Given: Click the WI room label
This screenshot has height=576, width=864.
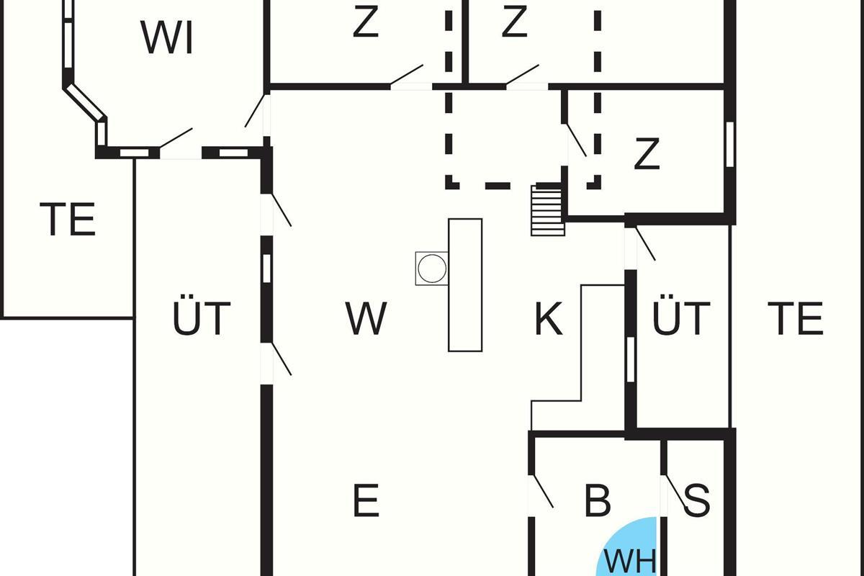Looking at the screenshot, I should point(168,37).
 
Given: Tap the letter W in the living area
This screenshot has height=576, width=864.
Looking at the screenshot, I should point(366,318).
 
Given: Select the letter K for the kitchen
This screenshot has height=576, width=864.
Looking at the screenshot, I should point(548,318).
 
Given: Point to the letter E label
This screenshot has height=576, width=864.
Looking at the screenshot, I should point(366,500).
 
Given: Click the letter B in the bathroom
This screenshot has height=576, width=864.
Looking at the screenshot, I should point(598,500).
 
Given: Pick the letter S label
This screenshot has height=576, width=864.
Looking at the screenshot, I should point(696,500).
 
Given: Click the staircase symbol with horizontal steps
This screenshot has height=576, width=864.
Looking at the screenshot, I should point(546,210).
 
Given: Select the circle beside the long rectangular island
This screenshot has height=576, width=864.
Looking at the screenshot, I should point(432,269).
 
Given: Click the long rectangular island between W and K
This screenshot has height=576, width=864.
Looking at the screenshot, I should point(465,284).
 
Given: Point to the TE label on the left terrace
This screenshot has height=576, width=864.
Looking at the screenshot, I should point(68,220).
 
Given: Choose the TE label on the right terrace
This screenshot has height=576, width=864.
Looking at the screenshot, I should point(795,318).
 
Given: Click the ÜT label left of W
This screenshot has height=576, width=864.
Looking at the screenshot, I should point(202,318).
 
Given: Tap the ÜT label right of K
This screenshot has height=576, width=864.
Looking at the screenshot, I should point(681,318).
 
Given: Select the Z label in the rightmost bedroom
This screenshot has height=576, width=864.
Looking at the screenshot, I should point(647,154).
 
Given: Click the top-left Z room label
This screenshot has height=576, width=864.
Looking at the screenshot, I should point(366,23).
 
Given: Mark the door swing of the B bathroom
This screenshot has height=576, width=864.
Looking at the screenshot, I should point(541,492).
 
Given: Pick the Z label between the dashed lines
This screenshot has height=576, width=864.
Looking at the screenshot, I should point(514,23).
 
